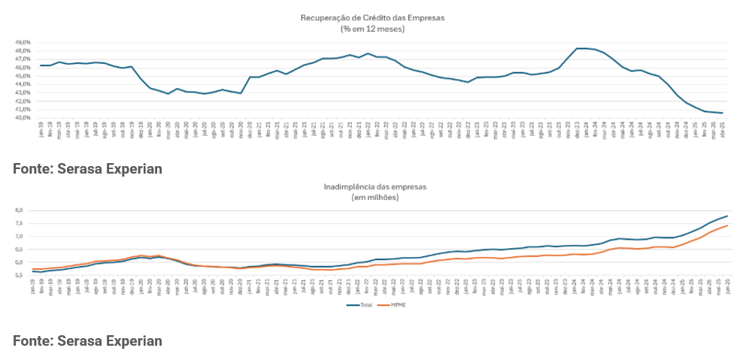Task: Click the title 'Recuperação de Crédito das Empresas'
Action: (372, 17)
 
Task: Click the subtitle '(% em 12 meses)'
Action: (372, 29)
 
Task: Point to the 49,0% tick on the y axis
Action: (23, 42)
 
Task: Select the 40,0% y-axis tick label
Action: (23, 117)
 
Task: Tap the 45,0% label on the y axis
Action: (23, 75)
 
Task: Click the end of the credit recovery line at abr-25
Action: (723, 113)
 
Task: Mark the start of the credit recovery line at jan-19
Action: (41, 65)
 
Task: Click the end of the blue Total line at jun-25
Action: (727, 216)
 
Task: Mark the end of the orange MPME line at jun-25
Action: (727, 225)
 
